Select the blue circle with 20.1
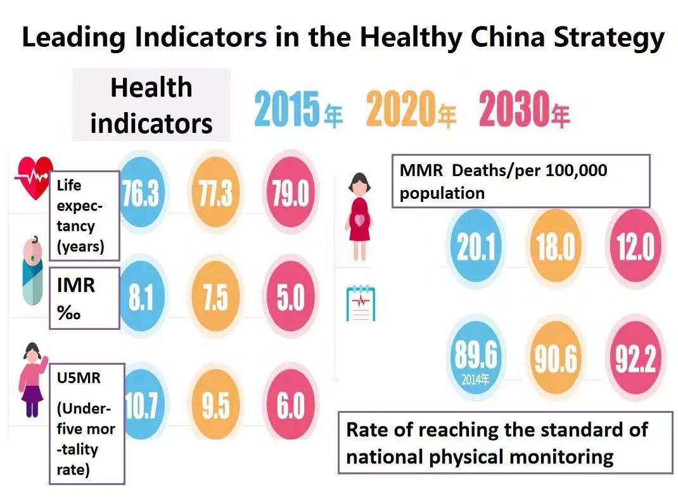(476, 246)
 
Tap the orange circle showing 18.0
(555, 246)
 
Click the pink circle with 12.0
(636, 246)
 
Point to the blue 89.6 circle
(476, 358)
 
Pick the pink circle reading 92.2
(636, 358)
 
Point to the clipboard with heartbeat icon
(360, 303)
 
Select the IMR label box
(84, 298)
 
